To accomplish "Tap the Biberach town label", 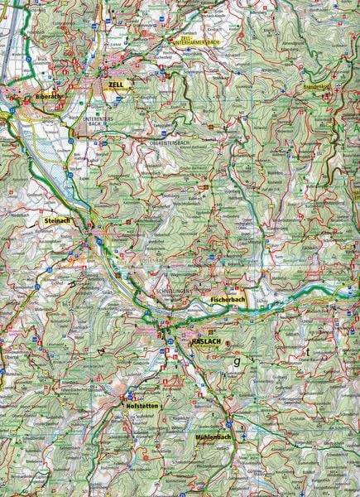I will coord(48,96).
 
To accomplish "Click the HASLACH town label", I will coord(203,340).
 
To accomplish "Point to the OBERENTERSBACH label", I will coord(171,138).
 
